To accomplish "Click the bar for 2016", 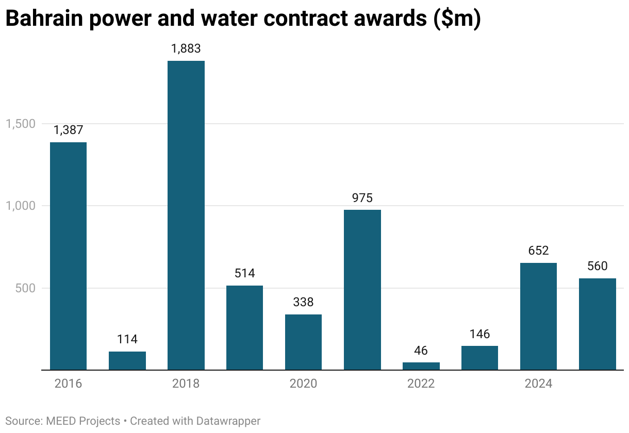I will pos(68,256).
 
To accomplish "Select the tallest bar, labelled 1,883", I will pos(186,215).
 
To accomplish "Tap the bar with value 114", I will pos(127,360).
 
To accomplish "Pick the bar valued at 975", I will pos(362,290).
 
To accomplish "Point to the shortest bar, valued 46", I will pos(421,366).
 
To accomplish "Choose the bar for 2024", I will pos(538,316).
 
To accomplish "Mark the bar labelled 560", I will pos(597,324).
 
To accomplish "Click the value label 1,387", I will pos(68,130).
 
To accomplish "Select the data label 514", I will pos(244,273).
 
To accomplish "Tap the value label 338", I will pos(303,302).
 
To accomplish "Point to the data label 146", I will pos(479,334).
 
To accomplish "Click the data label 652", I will pos(538,251).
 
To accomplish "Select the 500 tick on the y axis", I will pos(24,288).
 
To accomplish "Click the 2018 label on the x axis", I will pos(186,384).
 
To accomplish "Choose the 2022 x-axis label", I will pos(421,384).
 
